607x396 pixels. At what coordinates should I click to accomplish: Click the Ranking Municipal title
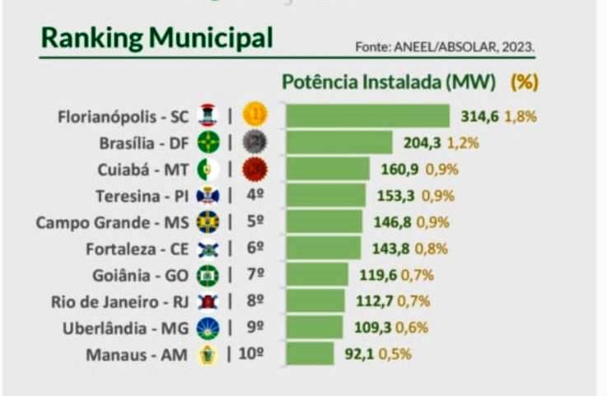tap(156, 37)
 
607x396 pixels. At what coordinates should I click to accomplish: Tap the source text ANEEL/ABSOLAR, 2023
tap(445, 46)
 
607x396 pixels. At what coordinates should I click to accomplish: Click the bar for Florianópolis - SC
tap(367, 116)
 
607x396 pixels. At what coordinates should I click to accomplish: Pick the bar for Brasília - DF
tap(339, 142)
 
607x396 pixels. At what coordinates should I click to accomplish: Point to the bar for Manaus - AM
tap(310, 355)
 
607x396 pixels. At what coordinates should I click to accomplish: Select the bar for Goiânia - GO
tap(317, 275)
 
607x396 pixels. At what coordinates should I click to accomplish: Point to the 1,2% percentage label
tap(463, 142)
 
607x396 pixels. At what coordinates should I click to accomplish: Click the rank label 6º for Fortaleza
tap(255, 249)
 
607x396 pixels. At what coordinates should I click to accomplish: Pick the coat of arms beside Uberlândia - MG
tap(207, 328)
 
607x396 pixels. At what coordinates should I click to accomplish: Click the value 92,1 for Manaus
tap(358, 355)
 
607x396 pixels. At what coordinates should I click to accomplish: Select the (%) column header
tap(525, 82)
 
